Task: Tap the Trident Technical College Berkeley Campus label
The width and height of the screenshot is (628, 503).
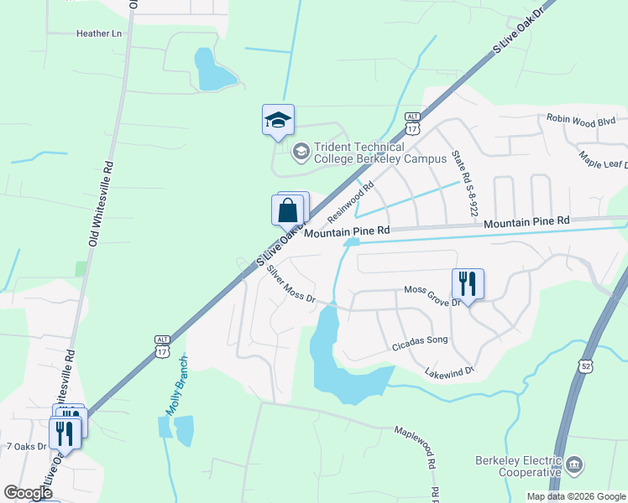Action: point(367,153)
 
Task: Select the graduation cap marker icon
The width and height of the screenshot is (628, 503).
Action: point(278,121)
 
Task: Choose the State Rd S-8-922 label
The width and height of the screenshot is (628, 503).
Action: point(464,182)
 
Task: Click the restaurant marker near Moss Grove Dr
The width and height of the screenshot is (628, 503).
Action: point(468,283)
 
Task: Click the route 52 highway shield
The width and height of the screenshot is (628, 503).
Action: point(585,366)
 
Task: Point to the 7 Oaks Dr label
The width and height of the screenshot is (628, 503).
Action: point(26,446)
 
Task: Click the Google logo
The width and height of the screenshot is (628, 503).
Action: point(28,492)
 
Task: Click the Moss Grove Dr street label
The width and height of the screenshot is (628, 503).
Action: point(433,294)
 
